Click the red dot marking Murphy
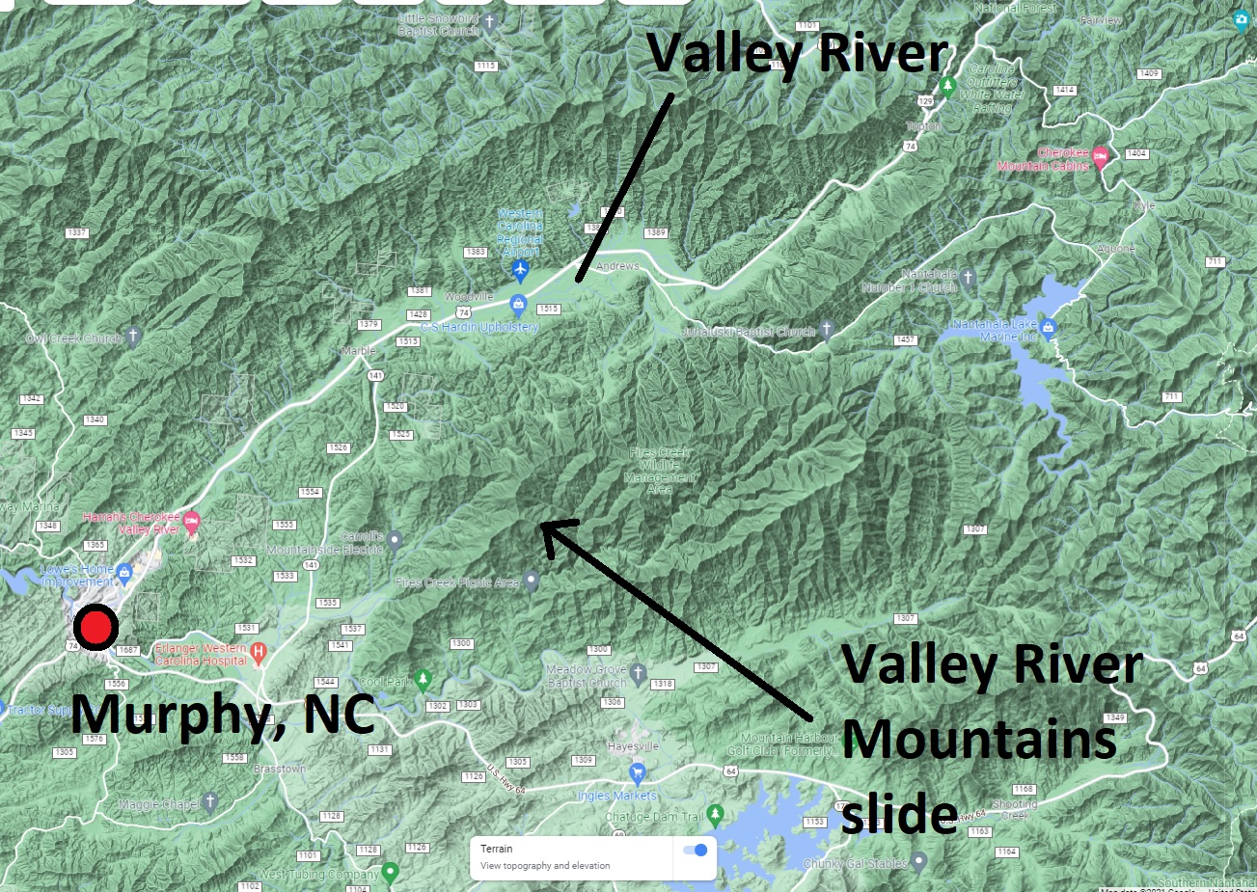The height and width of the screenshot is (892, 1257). point(96,628)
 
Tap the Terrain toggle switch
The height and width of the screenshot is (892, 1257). point(695,850)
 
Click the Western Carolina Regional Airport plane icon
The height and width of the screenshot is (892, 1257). point(521,268)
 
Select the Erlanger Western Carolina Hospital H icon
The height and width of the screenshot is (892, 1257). point(259,654)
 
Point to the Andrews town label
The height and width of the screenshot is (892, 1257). point(617,266)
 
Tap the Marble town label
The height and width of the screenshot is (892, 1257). point(358,352)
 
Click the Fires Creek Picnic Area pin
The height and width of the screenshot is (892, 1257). point(531,581)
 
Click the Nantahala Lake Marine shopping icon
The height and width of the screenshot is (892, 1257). point(1049,329)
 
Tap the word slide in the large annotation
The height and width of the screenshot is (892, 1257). point(899,814)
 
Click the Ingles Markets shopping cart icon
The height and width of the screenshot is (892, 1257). point(637,773)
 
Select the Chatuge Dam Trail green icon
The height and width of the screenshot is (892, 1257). point(715,815)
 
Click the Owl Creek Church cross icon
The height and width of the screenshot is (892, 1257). point(134,336)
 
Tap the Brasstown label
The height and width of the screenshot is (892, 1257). point(280,770)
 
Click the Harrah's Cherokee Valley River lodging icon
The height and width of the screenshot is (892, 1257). point(191,523)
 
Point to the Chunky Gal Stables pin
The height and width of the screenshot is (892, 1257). point(919,861)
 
